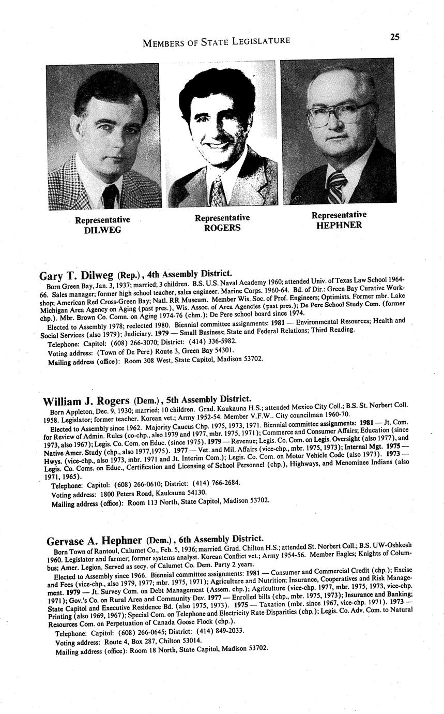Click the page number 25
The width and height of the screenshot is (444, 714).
[x=394, y=37]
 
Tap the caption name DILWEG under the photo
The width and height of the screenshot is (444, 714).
[x=102, y=230]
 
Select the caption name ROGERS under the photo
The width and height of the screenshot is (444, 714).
[x=222, y=228]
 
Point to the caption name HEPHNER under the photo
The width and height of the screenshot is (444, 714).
[x=339, y=225]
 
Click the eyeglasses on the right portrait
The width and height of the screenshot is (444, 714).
[x=339, y=113]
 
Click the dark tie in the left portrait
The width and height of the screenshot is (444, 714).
[x=110, y=196]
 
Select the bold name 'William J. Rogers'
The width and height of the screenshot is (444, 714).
[x=86, y=401]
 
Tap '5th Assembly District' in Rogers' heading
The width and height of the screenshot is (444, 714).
[x=212, y=399]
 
